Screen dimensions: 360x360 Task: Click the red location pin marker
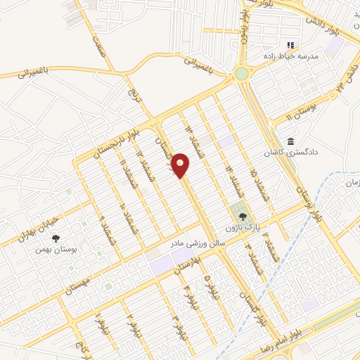[x=181, y=166]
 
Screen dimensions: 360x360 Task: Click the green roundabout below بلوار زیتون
[x=242, y=73]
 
